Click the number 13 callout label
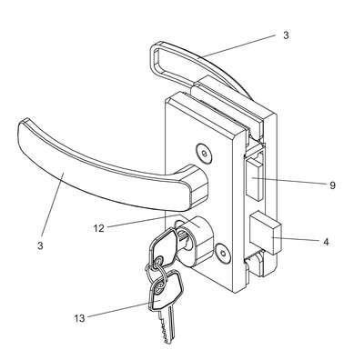pos(79,318)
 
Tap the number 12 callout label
pos(98,228)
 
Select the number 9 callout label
pos(332,185)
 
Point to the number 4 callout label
pos(326,242)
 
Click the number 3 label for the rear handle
pos(286,35)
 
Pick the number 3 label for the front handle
pos(40,245)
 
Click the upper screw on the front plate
pos(204,152)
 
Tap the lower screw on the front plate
pos(222,252)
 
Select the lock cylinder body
pos(197,239)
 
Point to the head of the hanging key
pos(166,290)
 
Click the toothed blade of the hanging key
pos(166,324)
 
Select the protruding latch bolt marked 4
pos(266,233)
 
